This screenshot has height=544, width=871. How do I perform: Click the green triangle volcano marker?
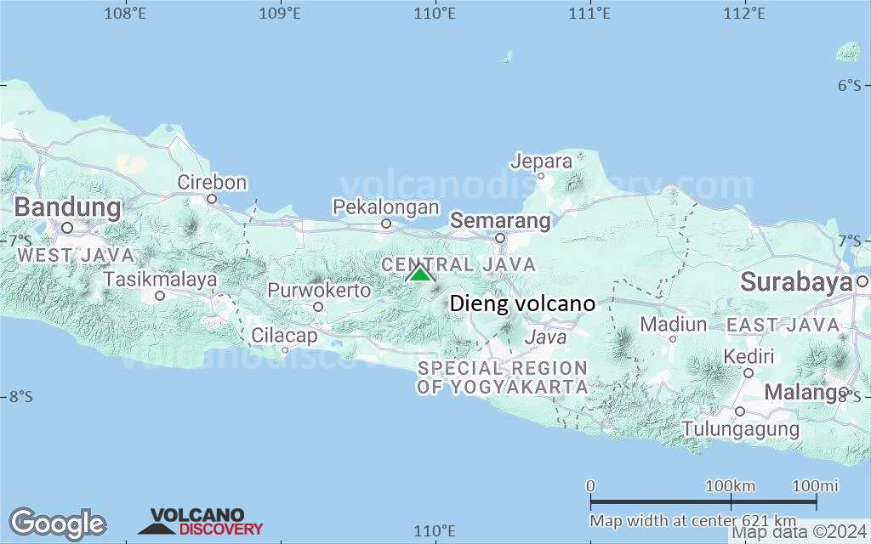pyautogui.click(x=419, y=274)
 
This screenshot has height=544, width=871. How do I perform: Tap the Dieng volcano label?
pyautogui.click(x=521, y=303)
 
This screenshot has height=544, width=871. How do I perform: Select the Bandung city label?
pyautogui.click(x=68, y=207)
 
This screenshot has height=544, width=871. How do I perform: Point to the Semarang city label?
pyautogui.click(x=500, y=221)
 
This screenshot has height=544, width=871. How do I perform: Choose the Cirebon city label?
pyautogui.click(x=212, y=183)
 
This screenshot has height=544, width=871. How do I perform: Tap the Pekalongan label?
pyautogui.click(x=385, y=207)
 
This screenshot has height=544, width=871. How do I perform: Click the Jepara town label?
pyautogui.click(x=541, y=161)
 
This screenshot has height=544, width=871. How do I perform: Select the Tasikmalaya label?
pyautogui.click(x=160, y=279)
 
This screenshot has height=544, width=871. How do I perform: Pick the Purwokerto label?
pyautogui.click(x=319, y=291)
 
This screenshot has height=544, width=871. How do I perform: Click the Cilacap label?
pyautogui.click(x=284, y=336)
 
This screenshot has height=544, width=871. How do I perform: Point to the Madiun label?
pyautogui.click(x=673, y=325)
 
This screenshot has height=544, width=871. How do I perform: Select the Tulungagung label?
pyautogui.click(x=741, y=428)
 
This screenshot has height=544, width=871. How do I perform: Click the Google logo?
pyautogui.click(x=57, y=523)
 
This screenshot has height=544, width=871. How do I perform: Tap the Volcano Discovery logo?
pyautogui.click(x=202, y=521)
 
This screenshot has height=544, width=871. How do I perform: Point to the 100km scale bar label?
pyautogui.click(x=730, y=486)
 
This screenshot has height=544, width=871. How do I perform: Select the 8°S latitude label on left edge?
pyautogui.click(x=21, y=396)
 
